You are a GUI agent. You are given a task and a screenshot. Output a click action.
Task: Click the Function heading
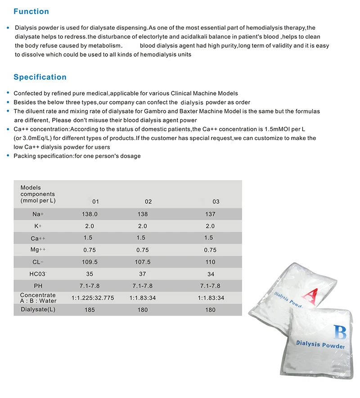tap(31, 12)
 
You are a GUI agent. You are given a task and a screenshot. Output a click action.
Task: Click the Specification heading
tap(40, 77)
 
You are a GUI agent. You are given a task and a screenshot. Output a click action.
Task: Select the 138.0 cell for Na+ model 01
tap(89, 214)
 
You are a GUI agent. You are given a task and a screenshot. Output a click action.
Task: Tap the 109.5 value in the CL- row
tap(89, 262)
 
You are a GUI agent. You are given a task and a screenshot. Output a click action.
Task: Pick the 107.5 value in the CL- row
tap(142, 262)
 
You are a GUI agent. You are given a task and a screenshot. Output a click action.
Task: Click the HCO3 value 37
tap(142, 274)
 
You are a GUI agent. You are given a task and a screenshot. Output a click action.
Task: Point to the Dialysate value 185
tap(89, 310)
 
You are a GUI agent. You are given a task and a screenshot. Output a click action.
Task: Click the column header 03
tap(216, 201)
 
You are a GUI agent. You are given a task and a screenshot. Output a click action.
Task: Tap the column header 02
tap(148, 201)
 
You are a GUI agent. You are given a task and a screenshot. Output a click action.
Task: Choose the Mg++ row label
tap(38, 250)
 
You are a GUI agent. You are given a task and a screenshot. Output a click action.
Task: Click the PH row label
tap(38, 286)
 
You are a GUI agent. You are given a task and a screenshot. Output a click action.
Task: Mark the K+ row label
tap(38, 226)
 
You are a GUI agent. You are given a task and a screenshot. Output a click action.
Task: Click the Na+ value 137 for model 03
tap(210, 214)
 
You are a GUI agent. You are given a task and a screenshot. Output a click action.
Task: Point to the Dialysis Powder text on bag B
tap(320, 345)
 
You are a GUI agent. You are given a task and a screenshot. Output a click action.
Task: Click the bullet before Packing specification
tap(8, 156)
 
